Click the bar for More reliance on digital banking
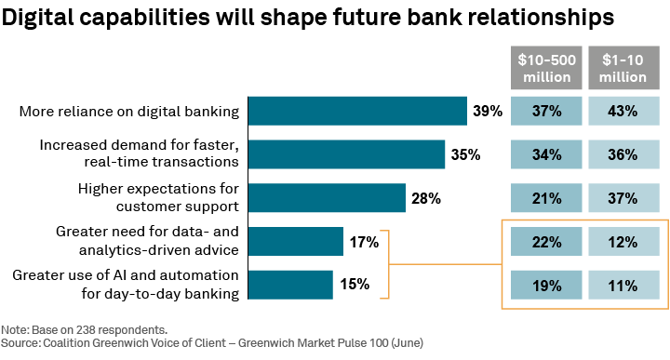point(357,112)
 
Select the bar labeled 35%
point(346,154)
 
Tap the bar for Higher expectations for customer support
point(327,198)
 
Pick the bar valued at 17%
point(296,242)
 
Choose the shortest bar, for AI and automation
point(290,285)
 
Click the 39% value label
point(488,112)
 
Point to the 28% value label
point(426,198)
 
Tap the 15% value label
point(354,285)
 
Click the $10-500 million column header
point(546,68)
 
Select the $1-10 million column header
point(626,68)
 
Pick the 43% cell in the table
point(626,112)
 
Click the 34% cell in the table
point(546,154)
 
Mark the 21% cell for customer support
point(546,198)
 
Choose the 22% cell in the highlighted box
point(546,242)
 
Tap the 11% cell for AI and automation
point(626,285)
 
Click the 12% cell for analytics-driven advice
point(626,242)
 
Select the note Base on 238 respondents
point(84,330)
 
